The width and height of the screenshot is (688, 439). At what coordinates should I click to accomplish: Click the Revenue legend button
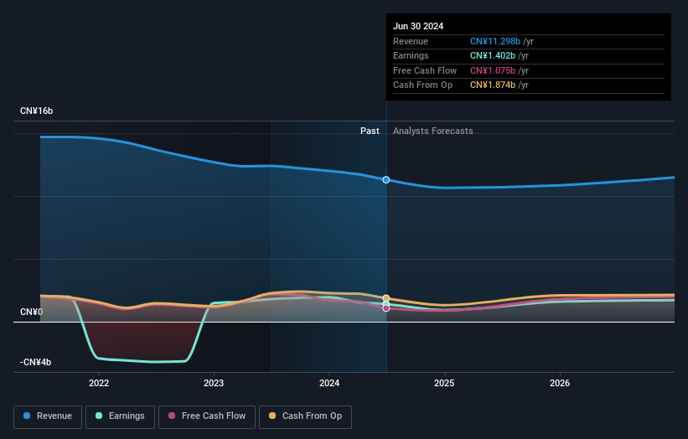click(x=49, y=416)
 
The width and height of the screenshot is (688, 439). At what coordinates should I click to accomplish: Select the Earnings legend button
click(x=119, y=416)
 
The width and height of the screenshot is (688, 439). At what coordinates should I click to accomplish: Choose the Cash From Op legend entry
click(x=307, y=416)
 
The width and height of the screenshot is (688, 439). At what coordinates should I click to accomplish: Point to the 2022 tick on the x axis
click(x=99, y=384)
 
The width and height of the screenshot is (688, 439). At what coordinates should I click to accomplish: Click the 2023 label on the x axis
click(x=214, y=384)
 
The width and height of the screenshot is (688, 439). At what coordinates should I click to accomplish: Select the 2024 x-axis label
click(x=329, y=384)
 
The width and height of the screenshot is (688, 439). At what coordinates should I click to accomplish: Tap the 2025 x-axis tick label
click(x=444, y=384)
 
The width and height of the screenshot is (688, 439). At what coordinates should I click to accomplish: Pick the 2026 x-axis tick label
click(x=560, y=384)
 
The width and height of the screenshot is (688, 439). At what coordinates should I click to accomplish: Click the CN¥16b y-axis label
click(x=37, y=111)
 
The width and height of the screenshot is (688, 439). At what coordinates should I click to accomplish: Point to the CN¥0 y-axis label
click(x=32, y=312)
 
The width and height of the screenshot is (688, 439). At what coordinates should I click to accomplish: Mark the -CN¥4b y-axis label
click(x=36, y=363)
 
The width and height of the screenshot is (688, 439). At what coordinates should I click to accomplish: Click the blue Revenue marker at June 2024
click(x=386, y=180)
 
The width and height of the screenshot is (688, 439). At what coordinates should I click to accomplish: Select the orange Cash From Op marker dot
click(x=386, y=298)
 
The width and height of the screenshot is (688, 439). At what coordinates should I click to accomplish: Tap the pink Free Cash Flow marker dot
click(x=386, y=308)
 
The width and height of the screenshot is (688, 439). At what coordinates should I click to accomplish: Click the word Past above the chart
click(x=370, y=132)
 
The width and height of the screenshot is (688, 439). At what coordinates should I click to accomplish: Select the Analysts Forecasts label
click(x=432, y=132)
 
